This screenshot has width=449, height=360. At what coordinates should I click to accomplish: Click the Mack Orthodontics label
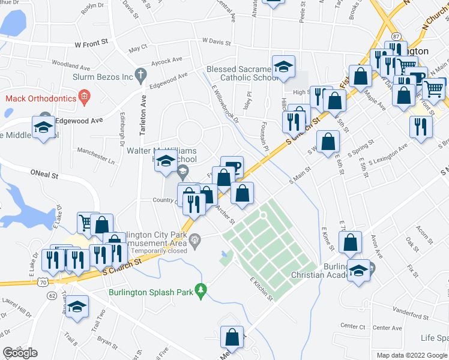point(41,98)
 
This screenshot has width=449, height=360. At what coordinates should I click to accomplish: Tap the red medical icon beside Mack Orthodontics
point(85,97)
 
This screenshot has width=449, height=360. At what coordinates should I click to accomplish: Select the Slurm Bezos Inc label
point(103,77)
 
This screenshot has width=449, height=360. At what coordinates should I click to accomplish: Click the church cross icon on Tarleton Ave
point(140,76)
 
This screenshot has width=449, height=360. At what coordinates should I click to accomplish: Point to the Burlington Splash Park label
point(153,293)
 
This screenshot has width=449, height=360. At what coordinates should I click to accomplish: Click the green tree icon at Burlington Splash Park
point(203,292)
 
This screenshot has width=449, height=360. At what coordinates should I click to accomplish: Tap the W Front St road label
point(91,43)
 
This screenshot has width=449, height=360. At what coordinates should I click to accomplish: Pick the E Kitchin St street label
point(261,289)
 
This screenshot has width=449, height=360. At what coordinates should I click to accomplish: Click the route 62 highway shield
point(52,296)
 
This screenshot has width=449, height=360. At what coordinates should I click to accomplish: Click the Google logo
point(20,353)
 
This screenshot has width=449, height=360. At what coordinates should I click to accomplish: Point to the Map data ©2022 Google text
point(411,355)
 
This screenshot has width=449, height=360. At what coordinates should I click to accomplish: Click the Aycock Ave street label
point(167,61)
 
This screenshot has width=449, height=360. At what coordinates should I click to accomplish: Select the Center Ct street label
point(353,326)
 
